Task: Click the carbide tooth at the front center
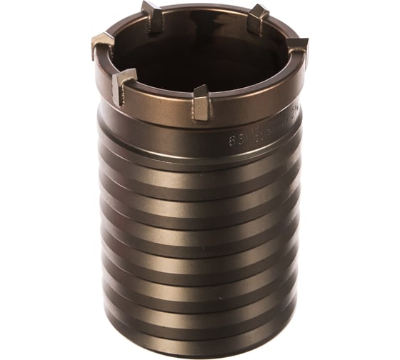pyautogui.click(x=201, y=102)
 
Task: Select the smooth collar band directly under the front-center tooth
pyautogui.click(x=201, y=132)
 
